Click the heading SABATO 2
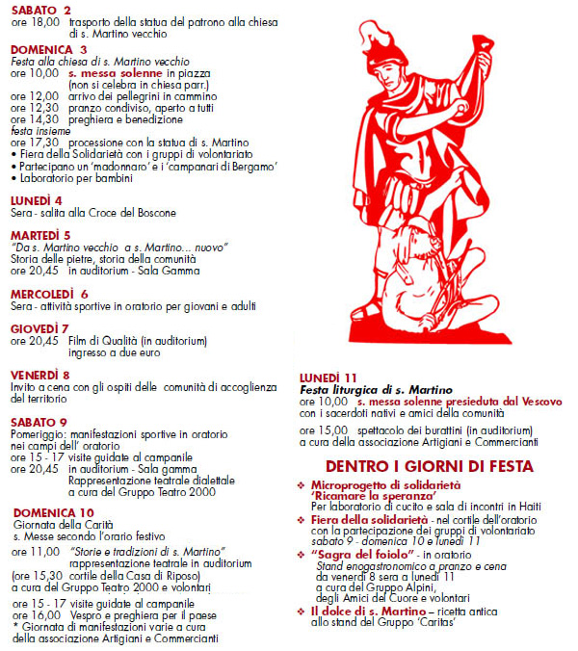click(x=40, y=10)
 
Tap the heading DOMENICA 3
click(x=49, y=48)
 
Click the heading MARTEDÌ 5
click(x=40, y=234)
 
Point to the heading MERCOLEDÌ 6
click(x=50, y=294)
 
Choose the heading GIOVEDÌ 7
click(x=40, y=328)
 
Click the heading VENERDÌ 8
click(x=40, y=374)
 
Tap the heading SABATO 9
click(x=39, y=421)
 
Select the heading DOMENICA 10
click(x=53, y=511)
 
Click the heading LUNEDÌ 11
click(x=328, y=377)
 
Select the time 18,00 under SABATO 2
click(x=45, y=22)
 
